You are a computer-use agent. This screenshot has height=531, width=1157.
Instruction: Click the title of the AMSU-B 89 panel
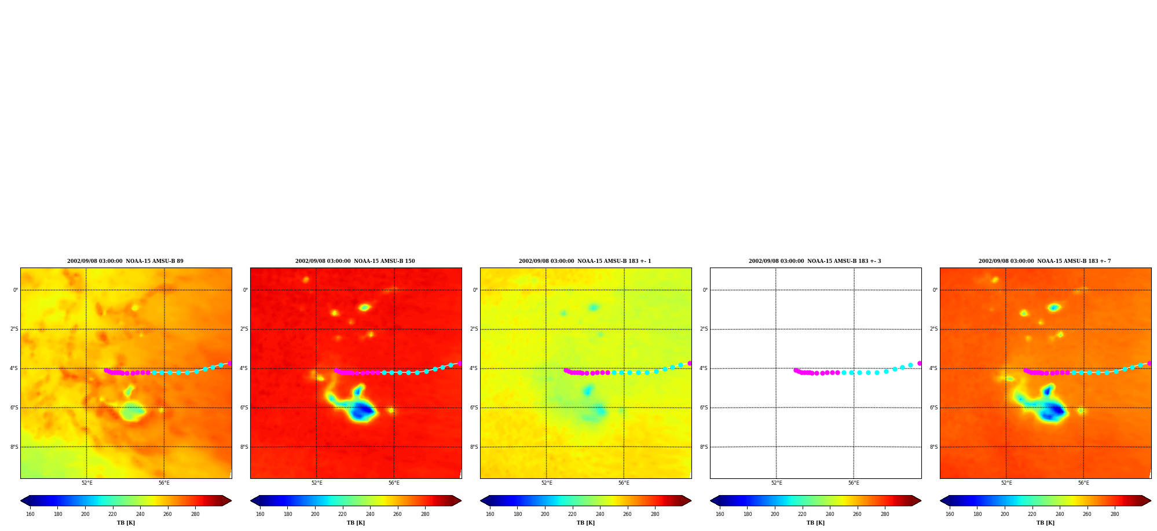125,261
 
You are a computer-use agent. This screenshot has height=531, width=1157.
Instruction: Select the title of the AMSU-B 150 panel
355,261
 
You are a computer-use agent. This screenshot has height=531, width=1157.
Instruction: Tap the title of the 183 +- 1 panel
585,261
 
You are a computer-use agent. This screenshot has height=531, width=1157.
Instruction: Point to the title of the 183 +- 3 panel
815,261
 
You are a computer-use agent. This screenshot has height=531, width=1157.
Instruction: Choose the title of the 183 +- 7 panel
1045,261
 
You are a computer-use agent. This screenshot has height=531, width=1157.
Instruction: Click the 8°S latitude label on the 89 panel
14,447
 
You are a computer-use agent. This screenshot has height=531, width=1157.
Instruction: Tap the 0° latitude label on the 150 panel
246,290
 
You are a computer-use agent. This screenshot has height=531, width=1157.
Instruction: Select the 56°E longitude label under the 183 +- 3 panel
854,483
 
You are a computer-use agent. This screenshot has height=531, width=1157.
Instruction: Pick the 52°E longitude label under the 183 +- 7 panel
1006,483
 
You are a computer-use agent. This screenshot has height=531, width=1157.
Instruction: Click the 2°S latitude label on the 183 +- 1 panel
474,329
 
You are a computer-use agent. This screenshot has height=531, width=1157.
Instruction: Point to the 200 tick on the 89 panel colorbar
85,514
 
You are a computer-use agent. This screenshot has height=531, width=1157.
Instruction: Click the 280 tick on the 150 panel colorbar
425,514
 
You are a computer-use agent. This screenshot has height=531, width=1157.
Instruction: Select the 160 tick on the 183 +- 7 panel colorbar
950,514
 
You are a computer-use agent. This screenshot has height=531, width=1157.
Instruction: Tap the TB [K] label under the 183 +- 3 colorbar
815,523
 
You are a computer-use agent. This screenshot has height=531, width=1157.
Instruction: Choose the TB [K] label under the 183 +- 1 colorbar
585,523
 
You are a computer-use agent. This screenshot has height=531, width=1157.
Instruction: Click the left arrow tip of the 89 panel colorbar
21,501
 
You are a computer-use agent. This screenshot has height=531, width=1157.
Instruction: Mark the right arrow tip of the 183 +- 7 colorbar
1151,501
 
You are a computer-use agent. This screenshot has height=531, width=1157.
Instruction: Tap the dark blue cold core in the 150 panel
363,410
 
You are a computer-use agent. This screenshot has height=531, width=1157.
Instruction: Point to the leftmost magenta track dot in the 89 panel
106,370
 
